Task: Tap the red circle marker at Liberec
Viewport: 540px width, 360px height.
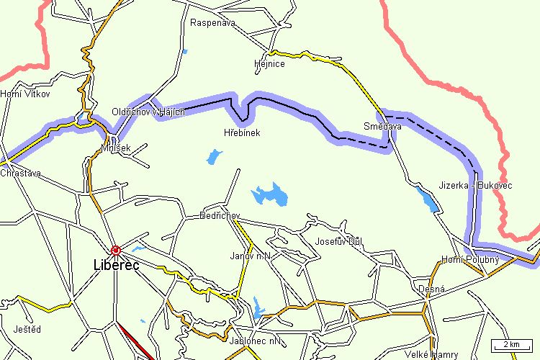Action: point(116,250)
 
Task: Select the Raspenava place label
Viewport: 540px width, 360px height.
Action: point(213,23)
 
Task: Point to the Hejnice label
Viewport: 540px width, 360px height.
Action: point(269,64)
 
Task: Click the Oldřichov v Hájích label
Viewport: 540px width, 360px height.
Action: point(148,112)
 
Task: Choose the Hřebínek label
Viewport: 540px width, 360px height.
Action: point(242,133)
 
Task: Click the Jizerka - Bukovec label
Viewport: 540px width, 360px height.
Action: point(475,186)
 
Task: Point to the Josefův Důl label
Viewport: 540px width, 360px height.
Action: point(338,241)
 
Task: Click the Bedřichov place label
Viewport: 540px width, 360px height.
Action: point(219,216)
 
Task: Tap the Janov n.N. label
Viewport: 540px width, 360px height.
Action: point(249,256)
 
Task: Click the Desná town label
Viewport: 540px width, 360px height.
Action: point(432,289)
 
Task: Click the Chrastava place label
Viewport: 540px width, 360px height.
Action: point(21,174)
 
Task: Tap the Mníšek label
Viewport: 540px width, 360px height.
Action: point(116,149)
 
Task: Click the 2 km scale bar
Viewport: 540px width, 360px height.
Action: point(512,344)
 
